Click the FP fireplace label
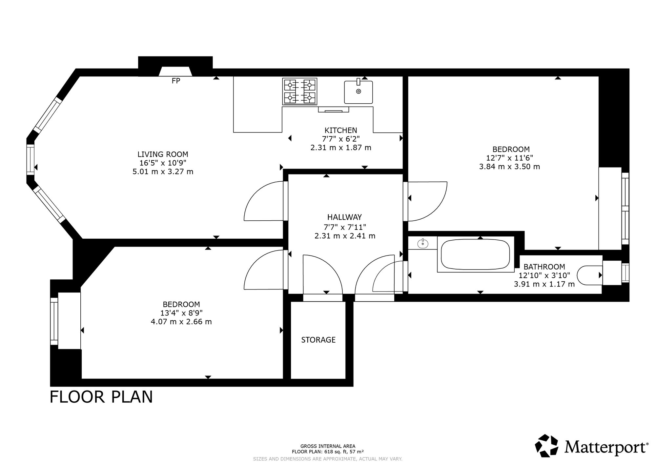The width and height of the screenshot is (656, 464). pos(176,81)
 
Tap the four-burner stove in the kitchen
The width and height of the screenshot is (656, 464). pos(300,91)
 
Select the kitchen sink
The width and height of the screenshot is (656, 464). pos(359,91)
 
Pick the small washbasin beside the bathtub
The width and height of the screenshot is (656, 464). pos(423,243)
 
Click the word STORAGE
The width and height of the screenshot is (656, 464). pos(318,340)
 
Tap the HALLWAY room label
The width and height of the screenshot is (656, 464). pos(344,217)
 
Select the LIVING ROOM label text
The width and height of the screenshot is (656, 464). pos(163,154)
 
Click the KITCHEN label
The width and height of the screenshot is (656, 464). pos(341,130)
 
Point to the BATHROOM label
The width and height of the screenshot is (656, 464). pos(544,267)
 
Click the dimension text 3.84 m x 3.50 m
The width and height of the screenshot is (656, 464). pos(509,167)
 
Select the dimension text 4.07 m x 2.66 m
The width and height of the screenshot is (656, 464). pos(181,322)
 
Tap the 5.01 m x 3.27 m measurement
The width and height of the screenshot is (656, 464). pos(163,171)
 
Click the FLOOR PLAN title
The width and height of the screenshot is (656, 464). pos(101,397)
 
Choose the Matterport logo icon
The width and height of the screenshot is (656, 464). pos(547,446)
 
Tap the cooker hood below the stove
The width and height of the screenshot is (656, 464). pos(333,110)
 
